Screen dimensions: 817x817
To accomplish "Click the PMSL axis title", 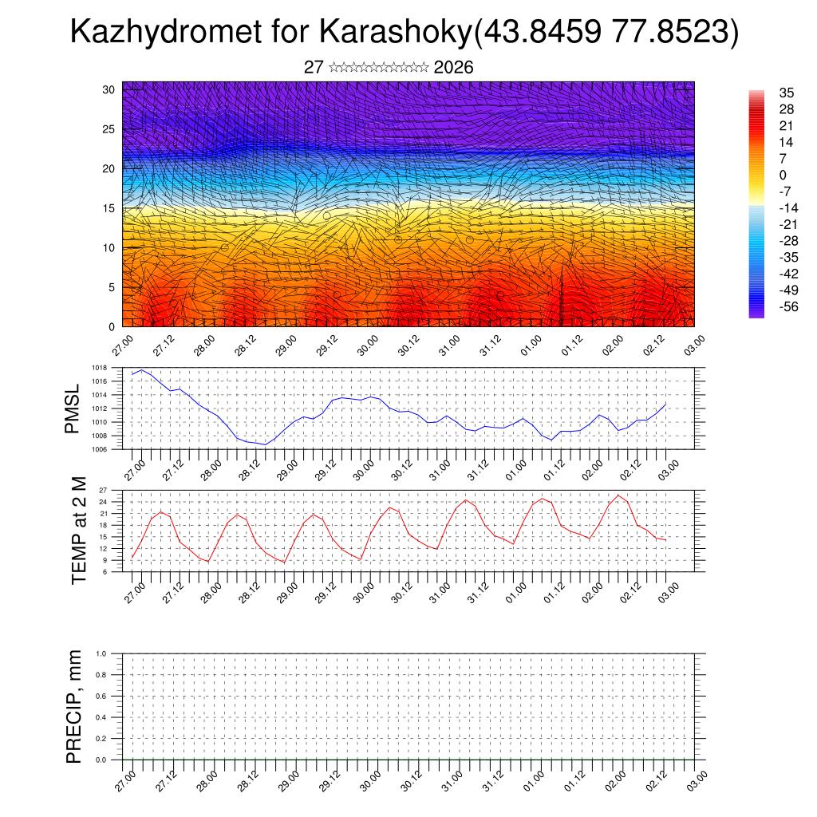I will [73, 409].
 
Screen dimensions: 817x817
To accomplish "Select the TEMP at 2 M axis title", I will [78, 530].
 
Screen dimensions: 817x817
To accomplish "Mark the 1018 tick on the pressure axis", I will [99, 368].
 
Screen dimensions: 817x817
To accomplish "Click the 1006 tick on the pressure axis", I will [99, 449].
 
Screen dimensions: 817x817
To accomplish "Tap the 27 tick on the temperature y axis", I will [102, 490].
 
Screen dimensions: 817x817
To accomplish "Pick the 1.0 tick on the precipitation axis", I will [101, 653].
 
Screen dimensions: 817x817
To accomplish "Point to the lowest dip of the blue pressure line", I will [265, 444].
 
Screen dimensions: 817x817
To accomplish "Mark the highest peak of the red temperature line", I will [618, 495].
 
